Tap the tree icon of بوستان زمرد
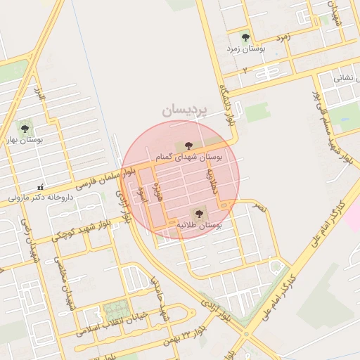click(245, 37)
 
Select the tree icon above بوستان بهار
click(25, 129)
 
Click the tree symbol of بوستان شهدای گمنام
click(188, 146)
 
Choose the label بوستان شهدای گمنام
click(188, 157)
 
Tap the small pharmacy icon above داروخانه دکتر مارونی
click(40, 187)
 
